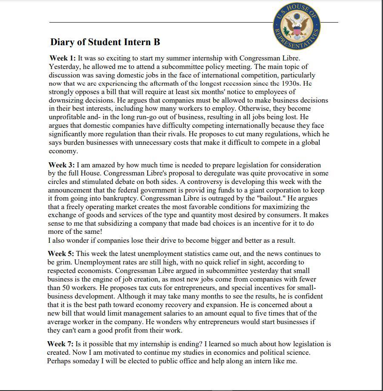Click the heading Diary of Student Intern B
tap(105, 42)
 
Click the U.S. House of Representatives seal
tap(297, 27)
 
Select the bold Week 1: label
tap(63, 58)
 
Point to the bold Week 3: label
tap(61, 165)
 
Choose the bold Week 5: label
tap(61, 253)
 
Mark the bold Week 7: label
tap(60, 344)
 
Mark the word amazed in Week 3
tap(101, 165)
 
